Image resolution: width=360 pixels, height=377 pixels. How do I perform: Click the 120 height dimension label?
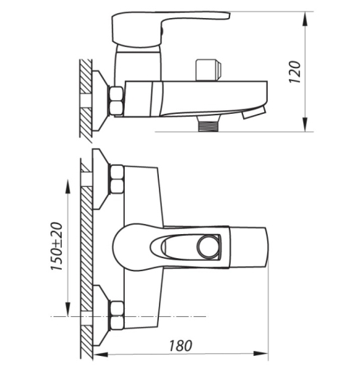[x=295, y=72]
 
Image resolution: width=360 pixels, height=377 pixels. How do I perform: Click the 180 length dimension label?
[x=181, y=346]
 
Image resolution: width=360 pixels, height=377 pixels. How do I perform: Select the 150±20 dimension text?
[x=57, y=246]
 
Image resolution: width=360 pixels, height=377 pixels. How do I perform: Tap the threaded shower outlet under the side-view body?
[x=209, y=124]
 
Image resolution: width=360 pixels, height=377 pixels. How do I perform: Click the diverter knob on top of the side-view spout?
[x=208, y=70]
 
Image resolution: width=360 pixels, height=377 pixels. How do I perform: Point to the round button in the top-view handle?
[x=208, y=246]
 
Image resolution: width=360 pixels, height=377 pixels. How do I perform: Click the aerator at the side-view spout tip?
[x=254, y=112]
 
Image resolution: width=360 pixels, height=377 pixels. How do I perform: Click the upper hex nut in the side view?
[x=116, y=93]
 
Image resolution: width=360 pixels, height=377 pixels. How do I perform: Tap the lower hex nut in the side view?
[x=116, y=108]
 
